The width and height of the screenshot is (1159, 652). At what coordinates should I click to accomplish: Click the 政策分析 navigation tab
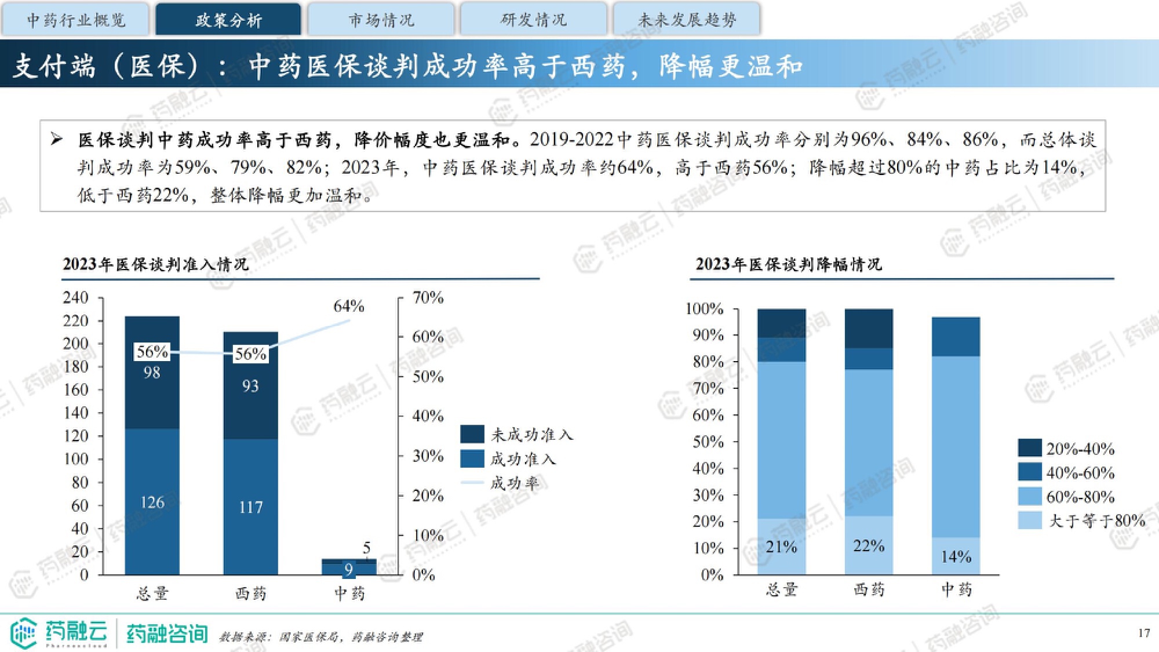[x=228, y=20]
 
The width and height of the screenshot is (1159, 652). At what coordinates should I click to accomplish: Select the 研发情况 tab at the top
[x=533, y=20]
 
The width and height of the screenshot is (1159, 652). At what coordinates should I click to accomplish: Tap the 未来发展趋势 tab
[x=687, y=20]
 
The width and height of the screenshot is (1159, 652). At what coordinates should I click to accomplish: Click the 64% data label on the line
[x=348, y=306]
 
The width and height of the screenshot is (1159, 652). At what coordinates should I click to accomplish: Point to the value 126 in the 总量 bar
[x=152, y=502]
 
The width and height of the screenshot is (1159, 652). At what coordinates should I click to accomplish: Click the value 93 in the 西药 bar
[x=250, y=386]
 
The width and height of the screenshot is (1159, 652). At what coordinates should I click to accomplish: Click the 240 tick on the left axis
[x=75, y=298]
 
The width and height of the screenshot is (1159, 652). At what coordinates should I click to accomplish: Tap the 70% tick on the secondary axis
[x=428, y=298]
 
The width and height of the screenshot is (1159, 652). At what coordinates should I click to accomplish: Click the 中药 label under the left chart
[x=349, y=593]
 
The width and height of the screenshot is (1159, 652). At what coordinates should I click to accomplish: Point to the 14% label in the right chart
[x=956, y=557]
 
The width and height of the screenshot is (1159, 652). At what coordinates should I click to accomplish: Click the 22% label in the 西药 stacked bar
[x=869, y=546]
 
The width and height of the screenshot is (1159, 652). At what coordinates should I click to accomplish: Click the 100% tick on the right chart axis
[x=704, y=309]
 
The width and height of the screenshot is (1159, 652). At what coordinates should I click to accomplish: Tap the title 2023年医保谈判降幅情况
[x=789, y=264]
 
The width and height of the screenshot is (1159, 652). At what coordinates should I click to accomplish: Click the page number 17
[x=1143, y=633]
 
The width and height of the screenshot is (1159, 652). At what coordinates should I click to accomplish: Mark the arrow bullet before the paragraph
[x=56, y=139]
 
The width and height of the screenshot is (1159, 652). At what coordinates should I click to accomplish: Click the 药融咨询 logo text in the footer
[x=167, y=633]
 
